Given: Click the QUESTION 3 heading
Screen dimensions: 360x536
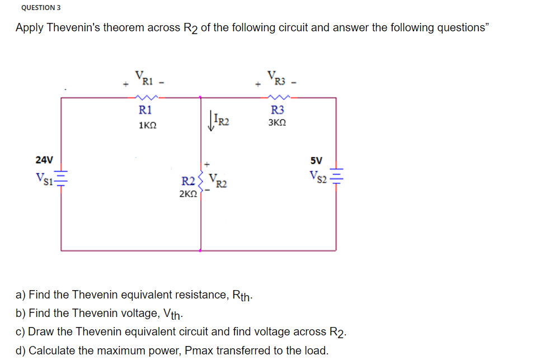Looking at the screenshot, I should click(x=41, y=8).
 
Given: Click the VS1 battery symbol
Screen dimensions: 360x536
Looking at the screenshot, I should click(x=62, y=178).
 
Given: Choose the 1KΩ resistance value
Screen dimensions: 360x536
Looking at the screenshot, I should click(x=147, y=127).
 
